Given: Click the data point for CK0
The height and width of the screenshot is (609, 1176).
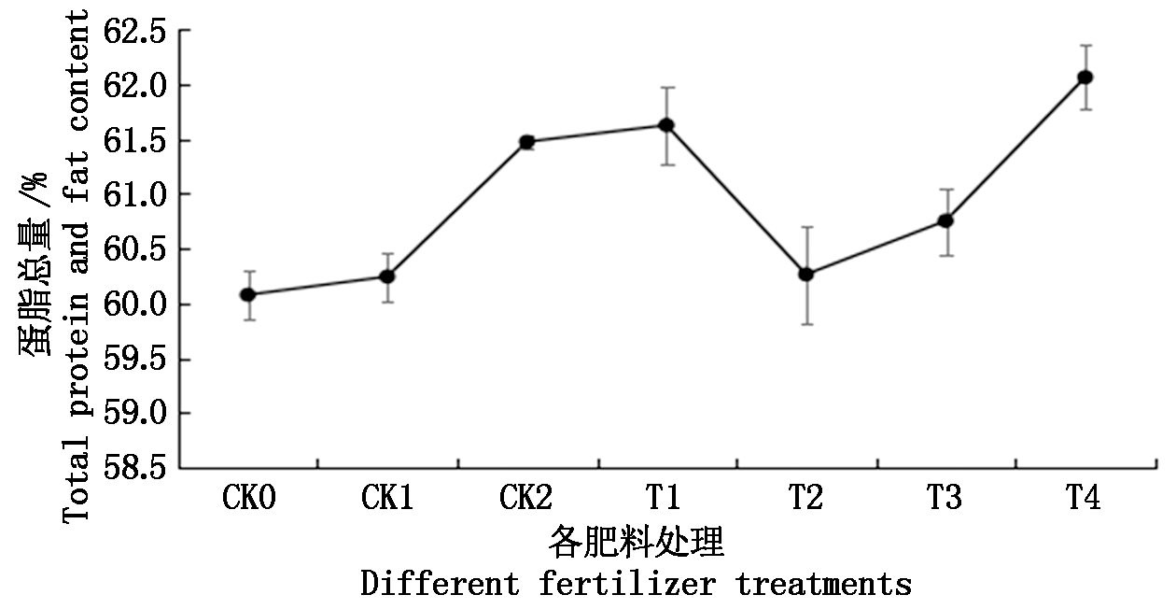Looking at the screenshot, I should [x=247, y=294].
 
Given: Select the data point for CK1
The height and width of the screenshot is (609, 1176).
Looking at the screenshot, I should [x=386, y=276].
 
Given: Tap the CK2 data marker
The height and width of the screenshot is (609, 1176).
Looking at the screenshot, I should [x=526, y=142].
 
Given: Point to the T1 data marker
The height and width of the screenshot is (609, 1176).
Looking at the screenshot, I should [x=666, y=125].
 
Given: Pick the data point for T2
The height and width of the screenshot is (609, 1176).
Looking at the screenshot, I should [x=806, y=275].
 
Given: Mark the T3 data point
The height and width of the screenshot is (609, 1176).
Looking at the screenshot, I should [x=945, y=220].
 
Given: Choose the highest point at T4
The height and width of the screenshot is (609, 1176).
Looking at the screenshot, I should [x=1085, y=77].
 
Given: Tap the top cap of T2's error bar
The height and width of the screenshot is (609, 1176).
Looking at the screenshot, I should [x=806, y=227].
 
